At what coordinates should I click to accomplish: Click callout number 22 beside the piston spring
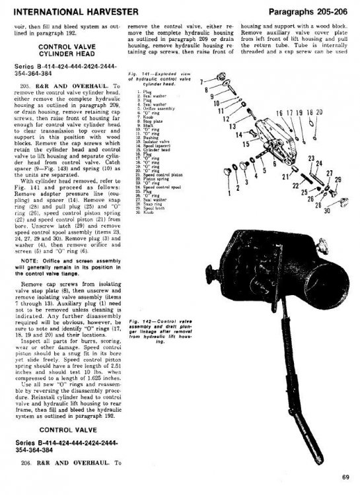pyautogui.click(x=296, y=186)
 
